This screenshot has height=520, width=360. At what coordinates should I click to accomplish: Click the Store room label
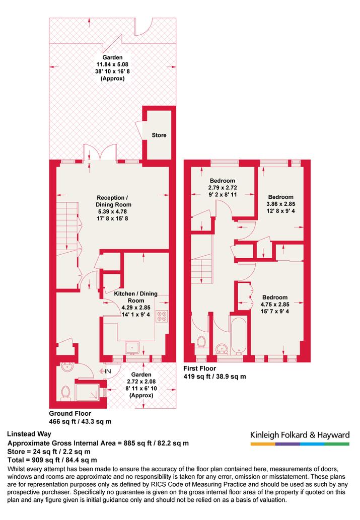pos(159,135)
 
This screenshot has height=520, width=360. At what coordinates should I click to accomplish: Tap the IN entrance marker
pos(105,372)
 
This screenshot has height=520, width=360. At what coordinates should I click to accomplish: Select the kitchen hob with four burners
pos(162,316)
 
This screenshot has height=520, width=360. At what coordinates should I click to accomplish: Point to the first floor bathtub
pos(239,336)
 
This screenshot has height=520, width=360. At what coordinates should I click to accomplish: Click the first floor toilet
pos(201,342)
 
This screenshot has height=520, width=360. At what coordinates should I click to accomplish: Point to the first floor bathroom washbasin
pos(222,349)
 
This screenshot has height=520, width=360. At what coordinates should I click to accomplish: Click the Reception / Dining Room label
pos(113,201)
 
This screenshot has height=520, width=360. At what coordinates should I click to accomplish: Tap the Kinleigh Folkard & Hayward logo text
pos(300,435)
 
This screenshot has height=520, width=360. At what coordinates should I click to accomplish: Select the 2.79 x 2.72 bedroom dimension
pos(223,188)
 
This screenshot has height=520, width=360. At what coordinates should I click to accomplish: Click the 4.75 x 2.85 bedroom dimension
pos(275,304)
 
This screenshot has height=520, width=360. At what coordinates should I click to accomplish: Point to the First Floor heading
pos(200,368)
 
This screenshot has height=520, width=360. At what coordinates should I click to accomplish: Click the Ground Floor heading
pos(70,413)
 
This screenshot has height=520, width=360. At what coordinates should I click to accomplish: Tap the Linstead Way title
pos(29,434)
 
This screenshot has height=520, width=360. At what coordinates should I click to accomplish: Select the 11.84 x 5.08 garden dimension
pos(112,64)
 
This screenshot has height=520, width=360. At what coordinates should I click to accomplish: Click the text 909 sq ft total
pos(44,460)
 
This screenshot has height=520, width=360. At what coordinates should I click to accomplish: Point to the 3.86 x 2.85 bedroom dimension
pos(281,204)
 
